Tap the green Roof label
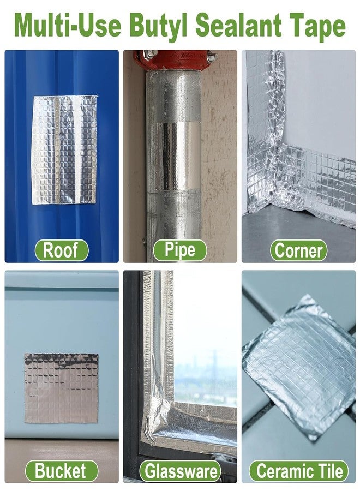coord(61,250)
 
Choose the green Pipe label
coord(179,250)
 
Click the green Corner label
coord(298,250)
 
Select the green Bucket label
coord(61,471)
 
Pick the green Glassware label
coord(179,471)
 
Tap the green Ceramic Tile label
coord(299,471)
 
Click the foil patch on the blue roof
coord(64,149)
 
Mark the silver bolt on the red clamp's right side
coord(213,57)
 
